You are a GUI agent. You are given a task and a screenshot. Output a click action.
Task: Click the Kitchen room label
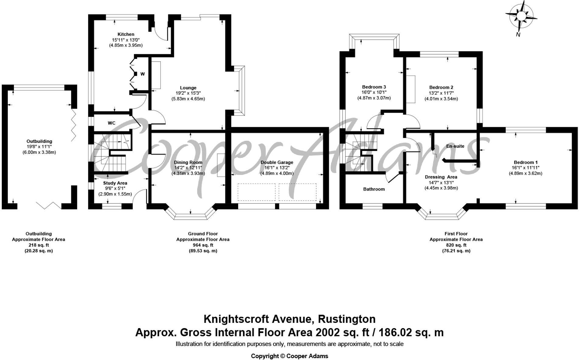tap(126, 34)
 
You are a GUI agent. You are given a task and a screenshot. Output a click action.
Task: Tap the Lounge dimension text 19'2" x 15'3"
tap(188, 93)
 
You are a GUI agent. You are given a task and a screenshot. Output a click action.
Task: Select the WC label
tap(112, 123)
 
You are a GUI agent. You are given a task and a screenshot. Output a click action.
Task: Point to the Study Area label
tap(115, 183)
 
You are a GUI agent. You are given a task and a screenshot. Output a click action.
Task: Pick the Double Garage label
tap(277, 162)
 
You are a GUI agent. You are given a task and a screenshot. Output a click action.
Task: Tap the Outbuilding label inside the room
tap(39, 141)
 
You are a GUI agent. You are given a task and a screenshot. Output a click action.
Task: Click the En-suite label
tap(455, 146)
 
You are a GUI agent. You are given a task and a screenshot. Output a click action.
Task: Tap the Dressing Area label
tap(441, 177)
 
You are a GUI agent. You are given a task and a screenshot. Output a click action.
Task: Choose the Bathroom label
tap(374, 189)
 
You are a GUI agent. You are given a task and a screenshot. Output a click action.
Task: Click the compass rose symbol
tap(521, 16)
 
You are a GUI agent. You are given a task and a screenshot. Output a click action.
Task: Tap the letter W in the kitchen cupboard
tap(142, 74)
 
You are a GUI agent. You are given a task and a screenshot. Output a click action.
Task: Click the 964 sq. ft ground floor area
tap(203, 245)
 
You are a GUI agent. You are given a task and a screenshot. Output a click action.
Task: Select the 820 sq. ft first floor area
tap(456, 245)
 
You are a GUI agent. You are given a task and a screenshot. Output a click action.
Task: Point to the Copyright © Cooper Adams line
tap(289, 356)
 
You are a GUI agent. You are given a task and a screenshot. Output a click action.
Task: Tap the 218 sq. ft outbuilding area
tap(38, 245)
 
